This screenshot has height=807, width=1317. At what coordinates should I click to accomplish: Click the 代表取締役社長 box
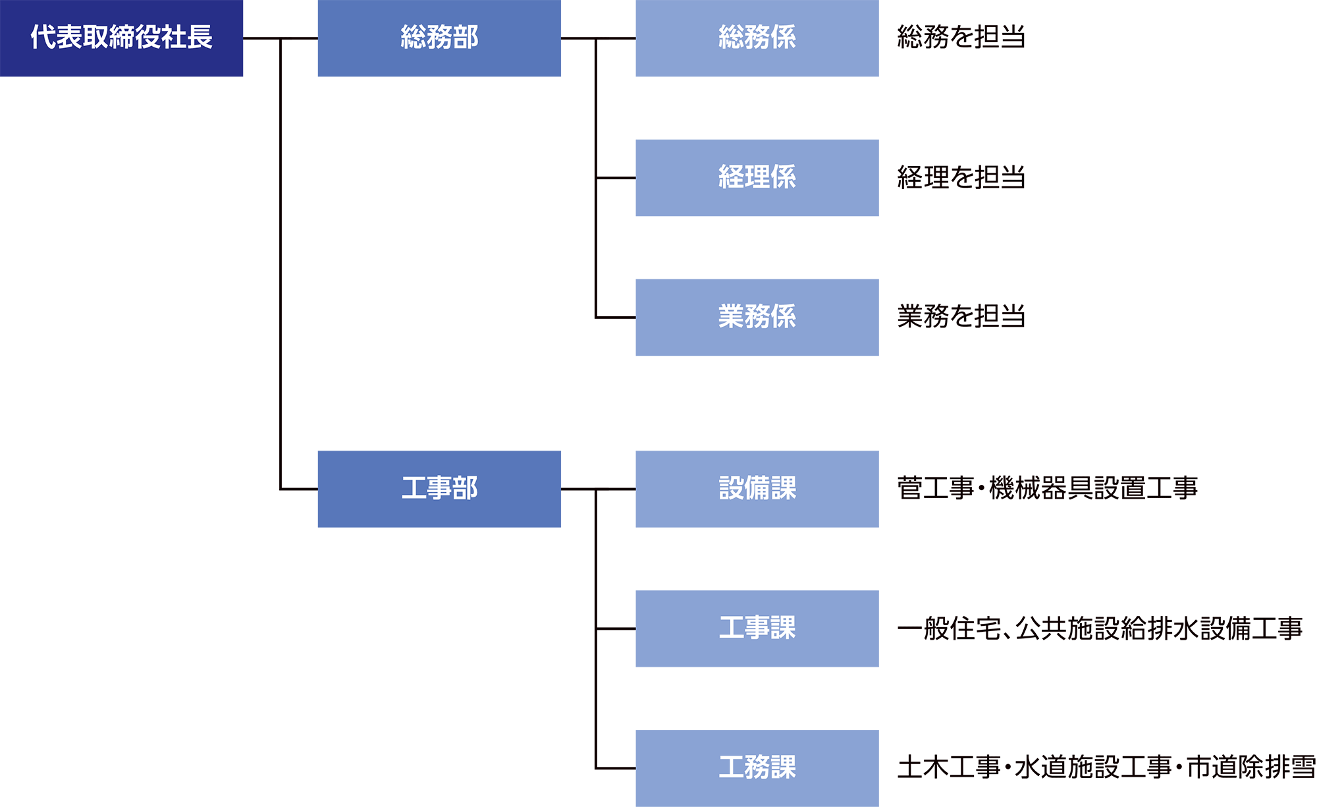pos(121,38)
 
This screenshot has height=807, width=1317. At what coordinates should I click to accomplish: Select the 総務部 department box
pos(439,38)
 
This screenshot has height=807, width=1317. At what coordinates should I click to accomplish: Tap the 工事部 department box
pos(439,489)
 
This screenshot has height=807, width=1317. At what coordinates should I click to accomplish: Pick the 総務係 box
pos(757,38)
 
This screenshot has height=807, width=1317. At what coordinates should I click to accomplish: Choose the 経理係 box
pos(757,178)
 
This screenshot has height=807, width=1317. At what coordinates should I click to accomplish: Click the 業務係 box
pos(757,318)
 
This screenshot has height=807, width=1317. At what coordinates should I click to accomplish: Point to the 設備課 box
pos(757,489)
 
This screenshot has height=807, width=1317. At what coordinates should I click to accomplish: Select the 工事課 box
pos(757,628)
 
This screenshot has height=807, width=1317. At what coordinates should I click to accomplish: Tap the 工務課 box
pos(757,768)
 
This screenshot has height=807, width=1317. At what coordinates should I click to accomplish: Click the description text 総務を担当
pos(961,38)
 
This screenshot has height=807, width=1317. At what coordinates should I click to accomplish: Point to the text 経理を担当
pos(961,177)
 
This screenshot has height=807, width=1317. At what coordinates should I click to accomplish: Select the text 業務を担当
pos(961,317)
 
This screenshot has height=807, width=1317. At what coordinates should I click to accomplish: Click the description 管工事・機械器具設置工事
pos(1047,488)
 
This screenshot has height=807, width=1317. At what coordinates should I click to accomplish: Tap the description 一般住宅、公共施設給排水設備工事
pos(1100,628)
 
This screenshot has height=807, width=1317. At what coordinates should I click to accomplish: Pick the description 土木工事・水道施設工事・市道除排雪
pos(1106,767)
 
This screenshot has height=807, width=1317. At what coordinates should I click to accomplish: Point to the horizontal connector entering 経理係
pos(616,178)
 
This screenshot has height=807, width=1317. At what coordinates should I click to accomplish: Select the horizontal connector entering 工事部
pos(299,489)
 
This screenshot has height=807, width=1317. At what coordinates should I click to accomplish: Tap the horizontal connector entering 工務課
pos(616,768)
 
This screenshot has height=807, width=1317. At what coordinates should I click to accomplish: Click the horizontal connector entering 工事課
pos(616,628)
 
